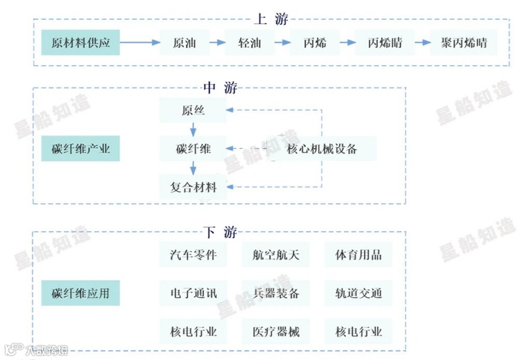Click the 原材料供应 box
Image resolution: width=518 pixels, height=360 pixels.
pos(80,43)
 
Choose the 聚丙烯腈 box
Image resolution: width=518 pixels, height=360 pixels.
pos(464,43)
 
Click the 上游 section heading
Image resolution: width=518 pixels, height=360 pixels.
pos(271,19)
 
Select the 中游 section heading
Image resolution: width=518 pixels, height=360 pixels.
pos(220,87)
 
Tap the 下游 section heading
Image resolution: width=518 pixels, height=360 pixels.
pos(220,232)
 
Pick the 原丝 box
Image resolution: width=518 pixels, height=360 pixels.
pos(193,111)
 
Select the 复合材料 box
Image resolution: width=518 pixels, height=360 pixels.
pos(193,187)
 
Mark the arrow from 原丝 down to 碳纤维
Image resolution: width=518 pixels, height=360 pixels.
pos(193,130)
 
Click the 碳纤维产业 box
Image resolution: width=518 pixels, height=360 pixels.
pos(80,149)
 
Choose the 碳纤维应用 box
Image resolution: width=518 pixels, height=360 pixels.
pos(80,294)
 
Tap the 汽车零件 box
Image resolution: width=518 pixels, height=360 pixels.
pos(193,255)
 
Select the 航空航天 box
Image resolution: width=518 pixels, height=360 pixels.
pos(276,255)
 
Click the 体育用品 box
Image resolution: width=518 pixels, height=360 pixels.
pos(359,255)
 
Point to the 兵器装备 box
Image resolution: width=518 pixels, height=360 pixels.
pos(276,294)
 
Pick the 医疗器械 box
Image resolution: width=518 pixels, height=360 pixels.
pos(276,332)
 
